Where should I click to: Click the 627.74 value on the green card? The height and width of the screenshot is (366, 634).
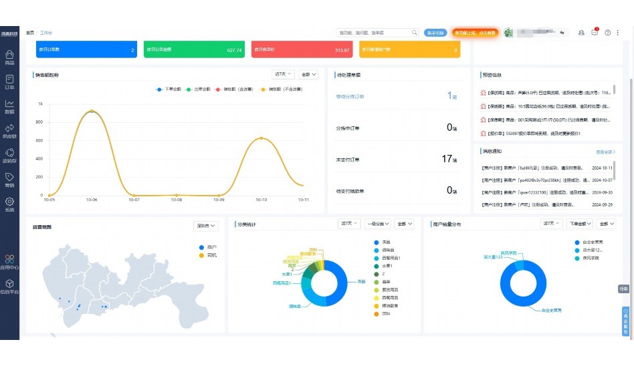click(234, 50)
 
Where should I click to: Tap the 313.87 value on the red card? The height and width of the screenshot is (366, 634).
click(342, 50)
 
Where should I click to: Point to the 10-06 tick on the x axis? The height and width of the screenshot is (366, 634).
click(92, 200)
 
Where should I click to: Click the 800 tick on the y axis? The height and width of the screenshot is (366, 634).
click(40, 122)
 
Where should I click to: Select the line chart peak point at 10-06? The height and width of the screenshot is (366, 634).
click(92, 112)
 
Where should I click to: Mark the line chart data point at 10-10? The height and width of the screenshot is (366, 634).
click(261, 138)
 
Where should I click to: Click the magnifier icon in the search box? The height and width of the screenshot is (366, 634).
click(415, 32)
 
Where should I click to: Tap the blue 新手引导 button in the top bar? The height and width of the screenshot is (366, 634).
click(435, 32)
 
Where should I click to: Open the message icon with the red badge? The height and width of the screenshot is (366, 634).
click(595, 32)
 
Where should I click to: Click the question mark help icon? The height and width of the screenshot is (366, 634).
click(608, 32)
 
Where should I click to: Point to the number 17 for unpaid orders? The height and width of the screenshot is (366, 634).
click(447, 159)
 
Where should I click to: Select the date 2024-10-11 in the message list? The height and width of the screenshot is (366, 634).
click(603, 168)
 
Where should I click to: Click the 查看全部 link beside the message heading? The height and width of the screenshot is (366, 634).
click(605, 152)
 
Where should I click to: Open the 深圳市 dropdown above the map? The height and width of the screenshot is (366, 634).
click(205, 226)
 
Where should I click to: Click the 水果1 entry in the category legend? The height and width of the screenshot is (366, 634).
click(387, 266)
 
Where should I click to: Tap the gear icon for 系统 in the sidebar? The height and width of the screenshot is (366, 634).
click(9, 201)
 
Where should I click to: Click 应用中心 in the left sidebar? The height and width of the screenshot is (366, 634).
click(9, 260)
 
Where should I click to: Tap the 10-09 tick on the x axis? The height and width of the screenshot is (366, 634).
click(219, 200)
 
